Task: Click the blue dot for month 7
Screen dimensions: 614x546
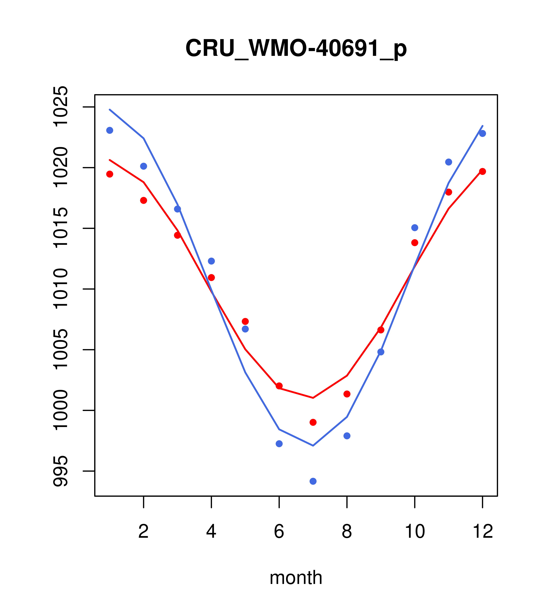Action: tap(313, 481)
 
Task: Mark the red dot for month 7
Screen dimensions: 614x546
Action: tap(313, 422)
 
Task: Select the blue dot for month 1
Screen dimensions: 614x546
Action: tap(110, 130)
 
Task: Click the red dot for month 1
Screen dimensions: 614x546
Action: tap(110, 174)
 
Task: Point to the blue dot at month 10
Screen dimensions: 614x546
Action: tap(415, 228)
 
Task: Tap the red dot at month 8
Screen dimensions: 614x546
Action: tap(347, 394)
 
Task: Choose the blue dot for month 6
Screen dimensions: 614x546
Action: tap(279, 444)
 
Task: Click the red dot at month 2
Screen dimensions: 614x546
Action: tap(144, 200)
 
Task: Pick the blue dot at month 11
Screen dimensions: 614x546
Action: tap(449, 162)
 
